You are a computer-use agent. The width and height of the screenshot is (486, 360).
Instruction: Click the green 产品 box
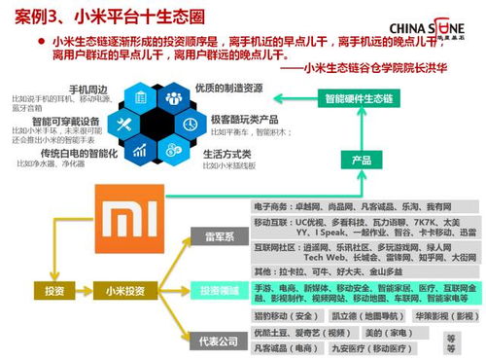click(362, 160)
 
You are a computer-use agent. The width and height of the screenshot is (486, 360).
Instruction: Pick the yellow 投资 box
click(53, 290)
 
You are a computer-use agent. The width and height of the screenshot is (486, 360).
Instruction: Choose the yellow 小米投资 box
click(128, 290)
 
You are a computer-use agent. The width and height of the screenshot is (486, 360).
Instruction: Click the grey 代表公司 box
click(216, 341)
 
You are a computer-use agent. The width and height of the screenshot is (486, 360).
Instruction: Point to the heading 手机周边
click(87, 90)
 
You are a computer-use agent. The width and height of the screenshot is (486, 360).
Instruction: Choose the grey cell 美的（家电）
click(367, 332)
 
